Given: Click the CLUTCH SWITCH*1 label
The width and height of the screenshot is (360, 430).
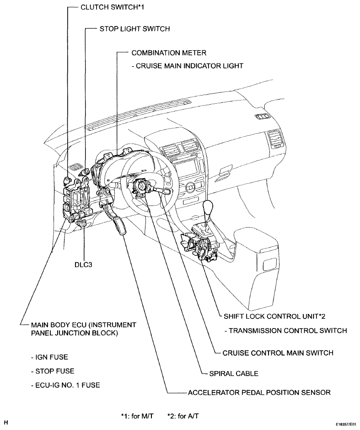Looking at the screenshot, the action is click(113, 7).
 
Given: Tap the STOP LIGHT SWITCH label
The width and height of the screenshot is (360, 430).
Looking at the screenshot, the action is click(134, 29).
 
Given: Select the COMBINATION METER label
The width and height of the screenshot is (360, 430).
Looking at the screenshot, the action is click(169, 53).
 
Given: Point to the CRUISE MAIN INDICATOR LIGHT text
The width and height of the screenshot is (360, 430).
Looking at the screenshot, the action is click(189, 66).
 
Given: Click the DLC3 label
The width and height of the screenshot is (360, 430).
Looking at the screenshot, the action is click(83, 265).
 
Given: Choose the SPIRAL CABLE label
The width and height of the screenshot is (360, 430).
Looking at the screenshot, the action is click(234, 373).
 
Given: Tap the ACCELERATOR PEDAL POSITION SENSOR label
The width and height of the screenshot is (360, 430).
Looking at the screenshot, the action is click(259, 393).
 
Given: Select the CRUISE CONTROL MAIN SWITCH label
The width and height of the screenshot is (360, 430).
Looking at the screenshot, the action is click(278, 353).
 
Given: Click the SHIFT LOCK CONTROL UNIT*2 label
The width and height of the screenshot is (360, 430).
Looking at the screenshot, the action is click(274, 317).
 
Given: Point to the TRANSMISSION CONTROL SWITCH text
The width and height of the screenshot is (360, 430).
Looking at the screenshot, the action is click(285, 331).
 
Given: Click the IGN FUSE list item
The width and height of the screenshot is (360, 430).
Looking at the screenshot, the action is click(49, 357).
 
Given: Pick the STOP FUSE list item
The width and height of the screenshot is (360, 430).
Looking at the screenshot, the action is click(53, 371).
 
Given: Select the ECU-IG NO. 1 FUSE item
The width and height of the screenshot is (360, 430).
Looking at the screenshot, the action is click(65, 385).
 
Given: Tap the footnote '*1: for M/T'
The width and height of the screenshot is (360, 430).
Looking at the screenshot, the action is click(137, 416).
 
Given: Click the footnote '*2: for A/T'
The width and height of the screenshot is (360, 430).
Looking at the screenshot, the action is click(183, 416).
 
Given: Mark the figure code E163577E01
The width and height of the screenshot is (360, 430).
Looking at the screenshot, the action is click(347, 424).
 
